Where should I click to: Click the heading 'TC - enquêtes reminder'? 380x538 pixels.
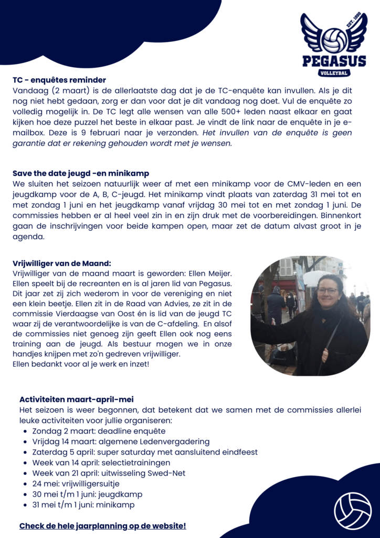(x=59, y=80)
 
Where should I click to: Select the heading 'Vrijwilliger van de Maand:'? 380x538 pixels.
(x=62, y=264)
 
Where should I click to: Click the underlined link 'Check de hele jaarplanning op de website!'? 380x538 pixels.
(x=102, y=525)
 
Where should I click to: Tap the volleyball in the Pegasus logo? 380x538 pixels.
(x=334, y=40)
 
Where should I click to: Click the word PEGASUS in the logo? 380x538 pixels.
(x=334, y=61)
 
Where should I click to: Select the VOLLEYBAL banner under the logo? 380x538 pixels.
(x=334, y=73)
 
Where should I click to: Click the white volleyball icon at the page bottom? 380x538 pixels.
(x=352, y=510)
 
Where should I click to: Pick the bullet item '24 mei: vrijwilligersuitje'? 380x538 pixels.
(x=76, y=483)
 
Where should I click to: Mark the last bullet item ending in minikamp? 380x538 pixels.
(x=83, y=504)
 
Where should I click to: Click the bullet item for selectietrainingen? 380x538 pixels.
(x=101, y=462)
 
